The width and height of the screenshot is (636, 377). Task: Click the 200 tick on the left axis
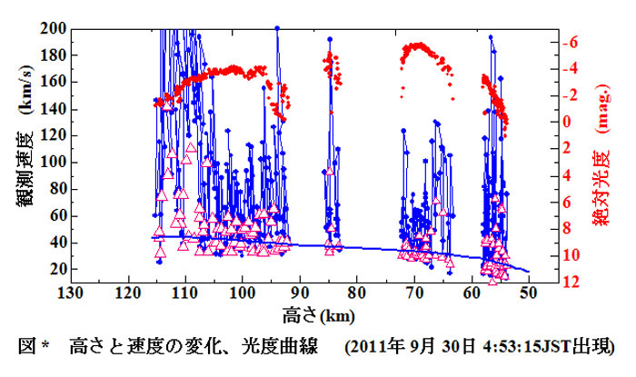(51, 28)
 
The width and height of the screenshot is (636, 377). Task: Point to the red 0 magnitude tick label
(547, 122)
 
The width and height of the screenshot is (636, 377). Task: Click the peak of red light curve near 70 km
(418, 44)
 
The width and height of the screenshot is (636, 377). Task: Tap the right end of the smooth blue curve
(528, 270)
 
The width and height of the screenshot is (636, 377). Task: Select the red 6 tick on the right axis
(547, 202)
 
